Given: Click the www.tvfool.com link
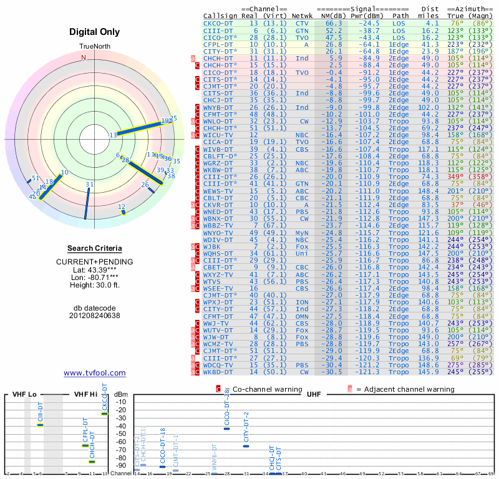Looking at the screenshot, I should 94,373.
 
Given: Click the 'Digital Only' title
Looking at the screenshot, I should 94,31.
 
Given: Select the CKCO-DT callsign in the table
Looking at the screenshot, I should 218,22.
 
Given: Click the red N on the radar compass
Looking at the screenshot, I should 84,57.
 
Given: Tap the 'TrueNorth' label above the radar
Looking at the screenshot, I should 94,47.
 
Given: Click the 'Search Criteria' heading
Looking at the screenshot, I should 94,248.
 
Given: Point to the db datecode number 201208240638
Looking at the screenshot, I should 94,316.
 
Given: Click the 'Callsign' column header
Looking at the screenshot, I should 220,15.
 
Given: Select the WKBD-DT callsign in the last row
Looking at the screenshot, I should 218,372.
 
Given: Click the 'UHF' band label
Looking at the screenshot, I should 314,394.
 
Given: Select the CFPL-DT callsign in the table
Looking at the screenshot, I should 218,45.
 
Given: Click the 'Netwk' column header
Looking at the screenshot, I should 302,15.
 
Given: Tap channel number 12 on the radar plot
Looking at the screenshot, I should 122,206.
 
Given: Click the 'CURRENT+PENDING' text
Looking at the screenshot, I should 94,261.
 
